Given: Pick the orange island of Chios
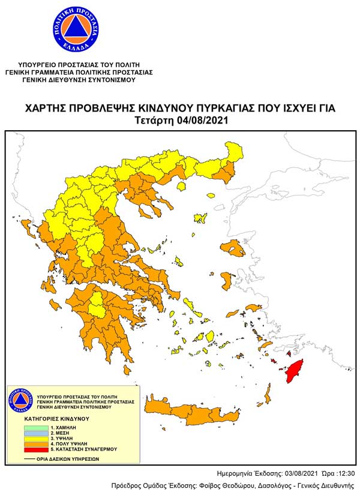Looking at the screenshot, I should coord(227,280).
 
